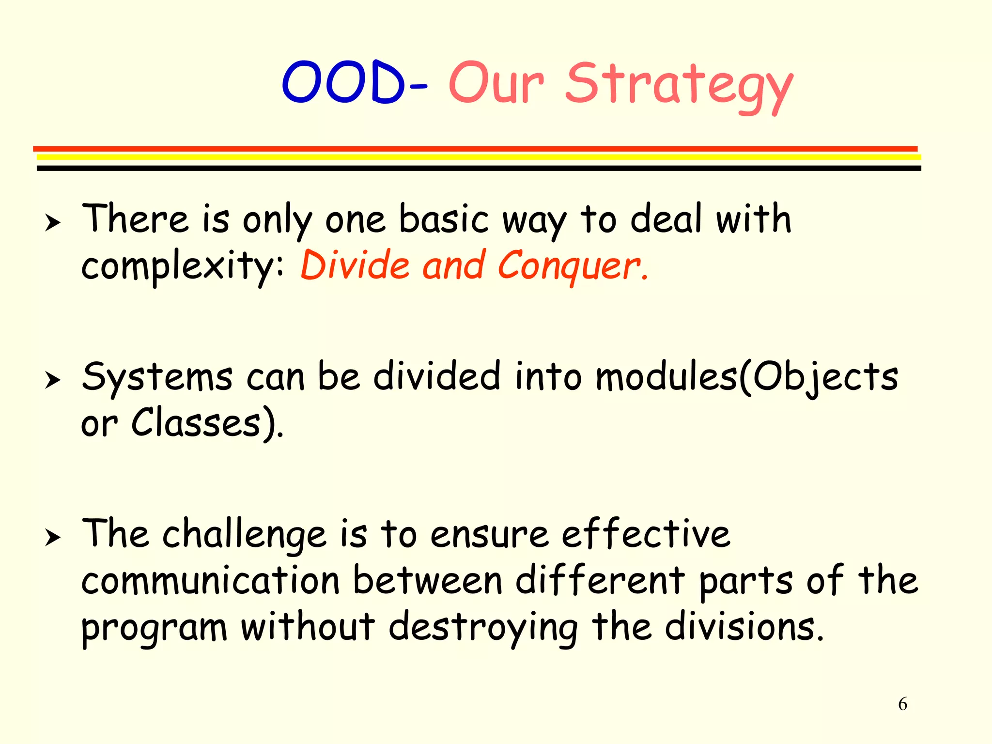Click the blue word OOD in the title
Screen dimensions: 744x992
343,82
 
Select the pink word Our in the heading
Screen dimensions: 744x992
496,83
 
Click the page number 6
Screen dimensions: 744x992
902,704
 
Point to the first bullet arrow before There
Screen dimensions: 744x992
52,223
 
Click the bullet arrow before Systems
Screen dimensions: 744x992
52,381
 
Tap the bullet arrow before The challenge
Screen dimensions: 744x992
52,538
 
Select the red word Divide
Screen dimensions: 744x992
355,265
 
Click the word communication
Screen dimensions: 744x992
210,581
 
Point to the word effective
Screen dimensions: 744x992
645,534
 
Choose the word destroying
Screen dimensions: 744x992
482,628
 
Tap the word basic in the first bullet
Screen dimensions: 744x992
443,219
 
